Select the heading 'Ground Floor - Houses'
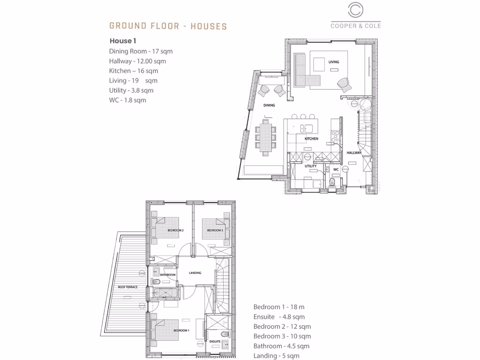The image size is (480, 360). (x=168, y=26)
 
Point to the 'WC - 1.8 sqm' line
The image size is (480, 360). (x=127, y=100)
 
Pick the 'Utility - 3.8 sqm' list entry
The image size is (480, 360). (x=131, y=90)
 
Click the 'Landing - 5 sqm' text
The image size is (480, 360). (x=276, y=356)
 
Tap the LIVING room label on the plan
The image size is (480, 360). (x=333, y=62)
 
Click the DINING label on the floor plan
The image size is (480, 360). (x=269, y=105)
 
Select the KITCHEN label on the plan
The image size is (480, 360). (x=311, y=139)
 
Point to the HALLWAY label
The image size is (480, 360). (x=354, y=153)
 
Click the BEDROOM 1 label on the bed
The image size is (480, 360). (x=181, y=330)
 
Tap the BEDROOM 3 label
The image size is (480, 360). (x=215, y=231)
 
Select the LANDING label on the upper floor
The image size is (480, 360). (x=195, y=273)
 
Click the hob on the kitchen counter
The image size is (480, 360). (x=336, y=136)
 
